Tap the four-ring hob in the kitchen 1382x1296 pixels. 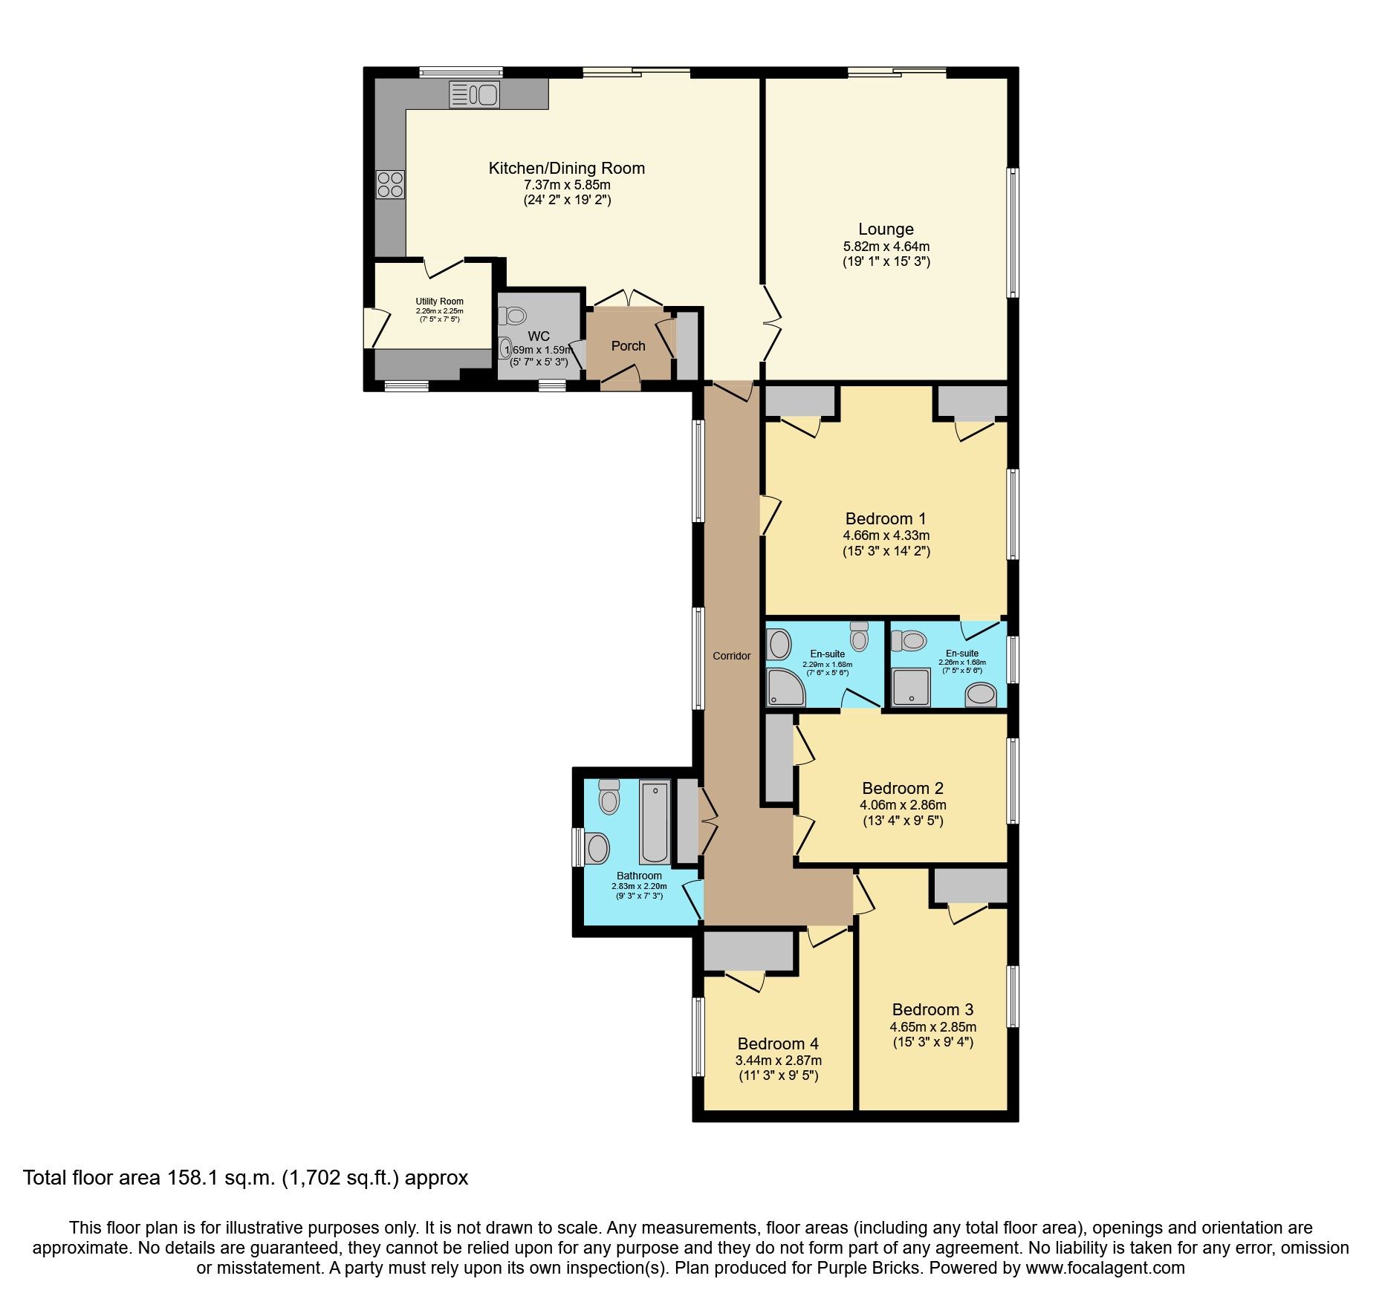tap(391, 184)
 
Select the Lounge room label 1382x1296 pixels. tap(886, 229)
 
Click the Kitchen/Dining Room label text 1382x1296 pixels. tap(566, 169)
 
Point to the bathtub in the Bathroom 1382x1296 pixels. tap(655, 821)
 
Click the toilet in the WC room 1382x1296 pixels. tap(513, 316)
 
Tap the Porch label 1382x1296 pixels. tap(628, 346)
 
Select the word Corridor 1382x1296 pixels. tap(731, 656)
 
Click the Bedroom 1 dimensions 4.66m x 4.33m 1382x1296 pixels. tap(886, 535)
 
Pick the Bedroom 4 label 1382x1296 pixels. tap(778, 1043)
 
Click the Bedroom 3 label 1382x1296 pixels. tap(932, 1009)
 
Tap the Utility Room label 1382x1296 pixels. tap(439, 302)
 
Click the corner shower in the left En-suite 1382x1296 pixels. tap(784, 686)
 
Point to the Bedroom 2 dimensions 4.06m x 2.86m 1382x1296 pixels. tap(903, 805)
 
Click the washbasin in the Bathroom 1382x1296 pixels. tap(597, 848)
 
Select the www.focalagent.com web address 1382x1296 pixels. tap(1105, 1268)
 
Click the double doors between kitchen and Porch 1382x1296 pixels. tap(629, 299)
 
